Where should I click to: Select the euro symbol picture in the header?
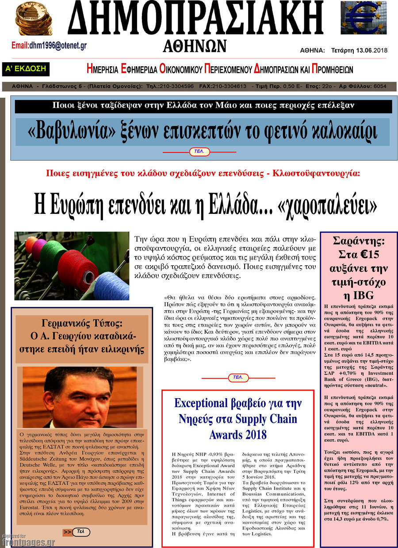click(x=363, y=18)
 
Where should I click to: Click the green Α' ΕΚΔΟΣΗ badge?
click(x=26, y=69)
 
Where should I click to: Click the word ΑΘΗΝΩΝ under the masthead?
click(x=195, y=46)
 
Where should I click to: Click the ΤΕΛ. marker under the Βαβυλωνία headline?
click(x=199, y=152)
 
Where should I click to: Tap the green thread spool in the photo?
click(x=53, y=256)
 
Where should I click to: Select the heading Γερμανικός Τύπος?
click(x=81, y=323)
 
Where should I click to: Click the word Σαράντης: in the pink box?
click(x=359, y=241)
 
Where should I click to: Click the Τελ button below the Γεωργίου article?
click(x=80, y=532)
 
